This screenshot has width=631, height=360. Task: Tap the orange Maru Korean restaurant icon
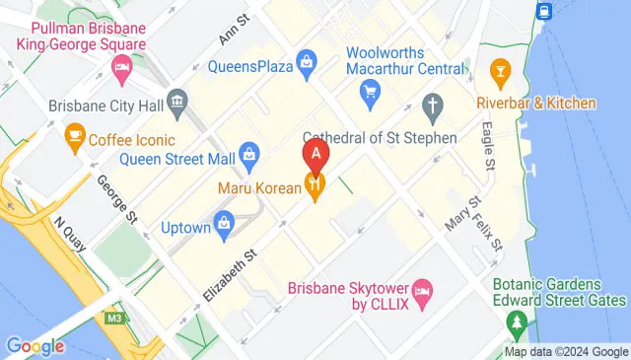315,182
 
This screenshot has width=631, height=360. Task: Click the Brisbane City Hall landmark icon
177,100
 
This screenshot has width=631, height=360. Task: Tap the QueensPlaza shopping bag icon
307,61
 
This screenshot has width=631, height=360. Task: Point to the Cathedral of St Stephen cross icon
432,105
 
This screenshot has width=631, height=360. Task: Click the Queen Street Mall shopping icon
249,153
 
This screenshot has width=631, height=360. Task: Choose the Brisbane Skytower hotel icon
422,288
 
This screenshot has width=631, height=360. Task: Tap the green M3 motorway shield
115,319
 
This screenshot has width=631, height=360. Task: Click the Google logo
35,346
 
